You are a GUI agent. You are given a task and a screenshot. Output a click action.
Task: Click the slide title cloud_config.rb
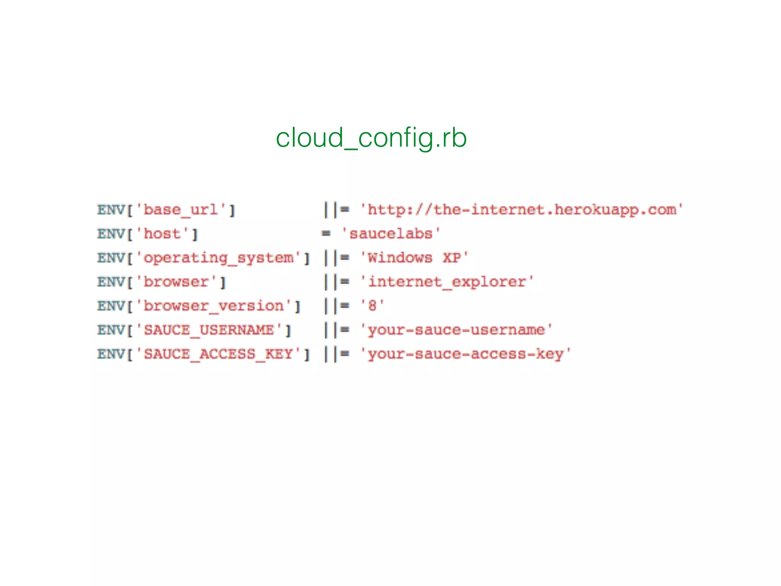(371, 138)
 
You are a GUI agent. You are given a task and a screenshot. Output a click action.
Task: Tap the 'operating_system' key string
(218, 258)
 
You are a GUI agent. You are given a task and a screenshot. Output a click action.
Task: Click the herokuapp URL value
(521, 210)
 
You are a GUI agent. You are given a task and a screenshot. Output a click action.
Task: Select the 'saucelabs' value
(391, 234)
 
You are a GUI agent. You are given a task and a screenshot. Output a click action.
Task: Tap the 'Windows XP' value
(414, 258)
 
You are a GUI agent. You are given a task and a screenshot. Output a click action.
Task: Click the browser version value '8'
(372, 306)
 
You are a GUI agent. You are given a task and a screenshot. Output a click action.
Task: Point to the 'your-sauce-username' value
(456, 330)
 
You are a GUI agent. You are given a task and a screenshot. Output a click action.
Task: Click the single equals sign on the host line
(326, 233)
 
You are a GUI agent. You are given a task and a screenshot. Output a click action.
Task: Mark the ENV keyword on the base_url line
(111, 210)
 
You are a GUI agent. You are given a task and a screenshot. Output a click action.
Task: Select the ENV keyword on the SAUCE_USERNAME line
(111, 330)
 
